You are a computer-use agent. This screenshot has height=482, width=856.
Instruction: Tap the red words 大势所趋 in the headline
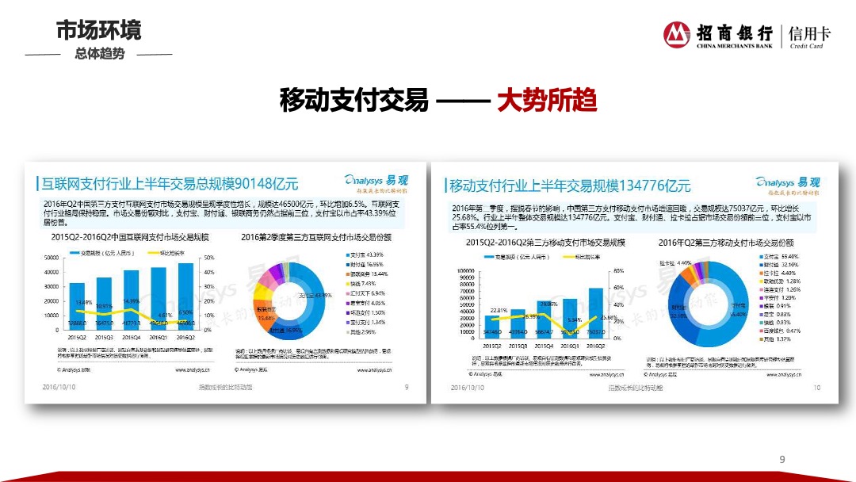[546, 101]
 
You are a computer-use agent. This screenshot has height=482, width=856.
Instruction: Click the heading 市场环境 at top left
[98, 30]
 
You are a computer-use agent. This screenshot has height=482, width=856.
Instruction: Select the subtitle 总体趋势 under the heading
[100, 54]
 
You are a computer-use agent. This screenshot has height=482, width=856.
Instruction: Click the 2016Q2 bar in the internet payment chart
[185, 296]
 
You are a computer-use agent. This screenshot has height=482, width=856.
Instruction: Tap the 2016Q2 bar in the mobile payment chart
[595, 312]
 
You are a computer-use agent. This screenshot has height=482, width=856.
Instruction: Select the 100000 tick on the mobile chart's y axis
[464, 270]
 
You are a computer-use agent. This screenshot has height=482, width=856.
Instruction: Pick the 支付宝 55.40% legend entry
[780, 257]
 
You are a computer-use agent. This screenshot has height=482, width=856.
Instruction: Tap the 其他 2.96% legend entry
[365, 332]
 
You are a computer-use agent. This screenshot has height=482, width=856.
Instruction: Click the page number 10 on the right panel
[816, 388]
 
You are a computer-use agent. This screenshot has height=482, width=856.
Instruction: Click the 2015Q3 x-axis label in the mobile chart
[518, 346]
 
